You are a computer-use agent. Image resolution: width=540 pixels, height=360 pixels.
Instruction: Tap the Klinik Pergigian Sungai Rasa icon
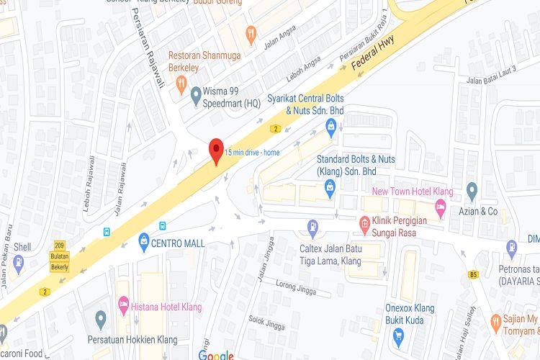(364, 224)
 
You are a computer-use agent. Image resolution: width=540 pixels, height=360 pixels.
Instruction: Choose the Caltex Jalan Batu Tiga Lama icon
(312, 228)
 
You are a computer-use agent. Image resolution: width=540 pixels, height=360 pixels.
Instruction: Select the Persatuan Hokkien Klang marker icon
(101, 318)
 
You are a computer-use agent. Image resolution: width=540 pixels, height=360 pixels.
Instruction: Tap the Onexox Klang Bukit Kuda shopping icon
(398, 335)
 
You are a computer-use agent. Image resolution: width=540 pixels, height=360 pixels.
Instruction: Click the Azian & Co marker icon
(472, 192)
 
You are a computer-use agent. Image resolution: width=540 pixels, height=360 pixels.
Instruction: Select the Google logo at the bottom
(216, 355)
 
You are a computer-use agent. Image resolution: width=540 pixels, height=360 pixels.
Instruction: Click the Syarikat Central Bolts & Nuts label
(305, 104)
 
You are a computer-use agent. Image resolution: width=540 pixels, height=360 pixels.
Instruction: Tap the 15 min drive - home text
(251, 152)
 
